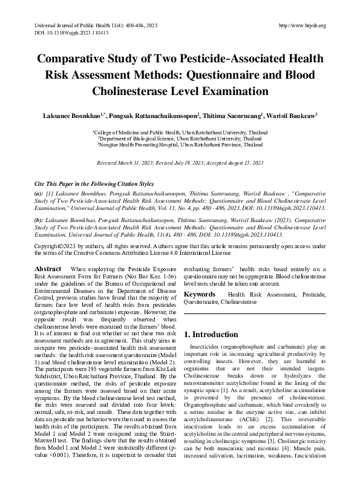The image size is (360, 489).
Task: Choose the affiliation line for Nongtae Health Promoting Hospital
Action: (180, 146)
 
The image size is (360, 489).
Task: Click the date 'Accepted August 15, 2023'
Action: (234, 163)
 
